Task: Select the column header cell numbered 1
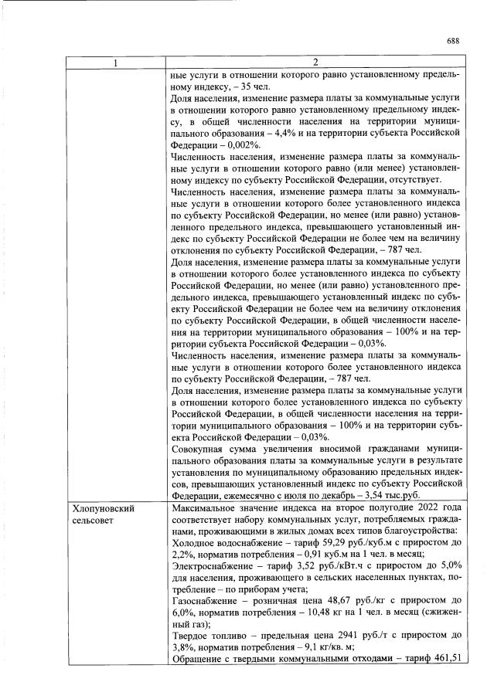pyautogui.click(x=116, y=63)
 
